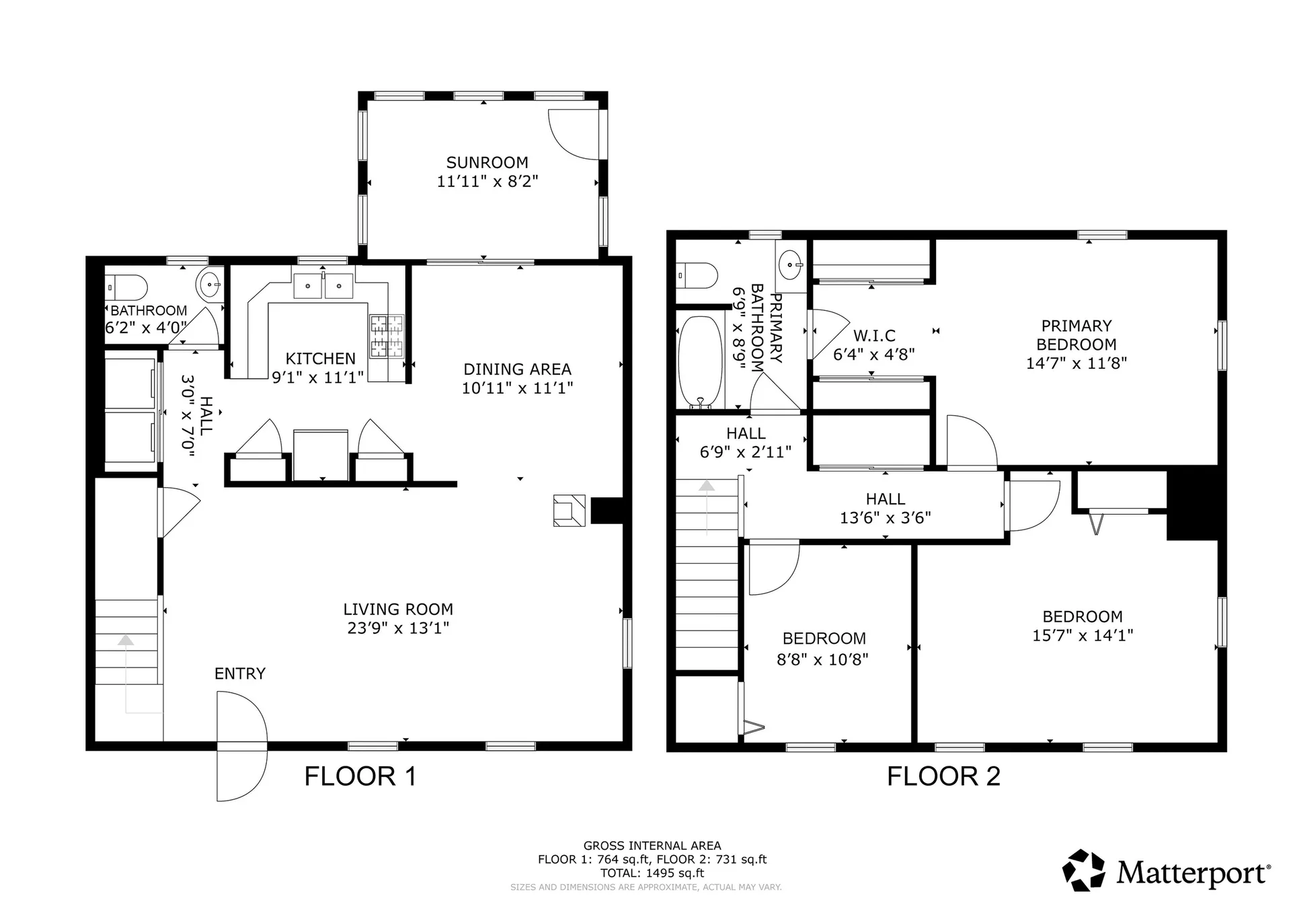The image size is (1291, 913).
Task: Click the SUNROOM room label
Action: (487, 163)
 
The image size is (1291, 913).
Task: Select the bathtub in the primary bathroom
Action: (699, 362)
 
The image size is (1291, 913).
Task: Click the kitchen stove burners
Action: (387, 336)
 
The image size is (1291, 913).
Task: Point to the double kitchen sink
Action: (323, 286)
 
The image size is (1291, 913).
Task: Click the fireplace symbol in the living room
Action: (569, 510)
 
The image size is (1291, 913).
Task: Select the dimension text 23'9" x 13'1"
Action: (398, 628)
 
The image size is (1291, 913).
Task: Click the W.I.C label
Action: (874, 336)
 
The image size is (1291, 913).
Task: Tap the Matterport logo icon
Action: (1083, 871)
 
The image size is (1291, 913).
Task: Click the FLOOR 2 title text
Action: (943, 776)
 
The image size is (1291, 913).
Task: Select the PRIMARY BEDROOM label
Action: (1076, 335)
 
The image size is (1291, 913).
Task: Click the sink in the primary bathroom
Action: (790, 264)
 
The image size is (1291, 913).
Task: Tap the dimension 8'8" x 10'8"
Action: (822, 659)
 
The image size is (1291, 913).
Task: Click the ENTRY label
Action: (239, 673)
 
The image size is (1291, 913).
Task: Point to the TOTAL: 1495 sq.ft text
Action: (652, 873)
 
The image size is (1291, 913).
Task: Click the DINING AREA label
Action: (517, 369)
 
